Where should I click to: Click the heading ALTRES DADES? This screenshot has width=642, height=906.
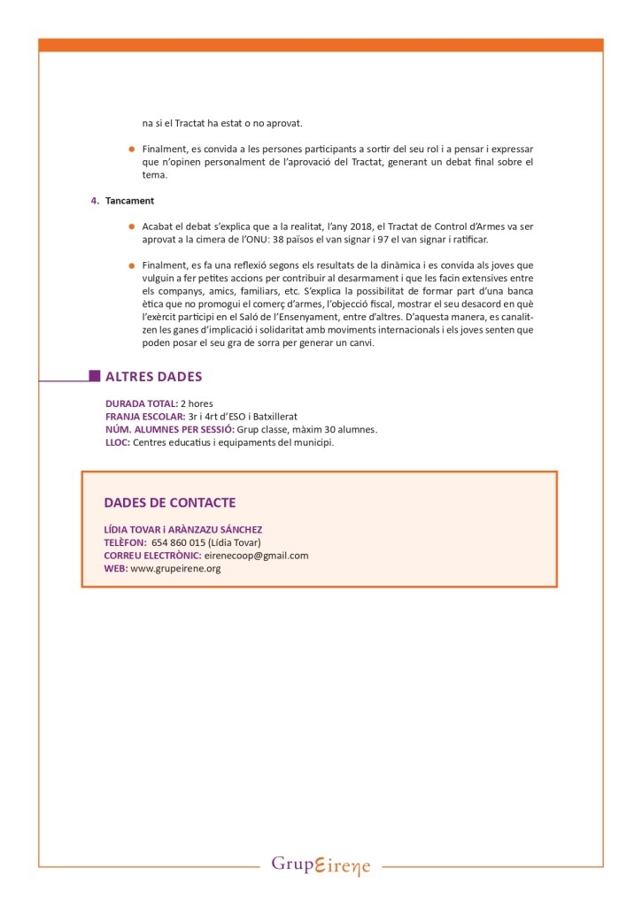(153, 376)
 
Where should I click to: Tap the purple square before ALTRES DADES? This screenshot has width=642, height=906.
(95, 376)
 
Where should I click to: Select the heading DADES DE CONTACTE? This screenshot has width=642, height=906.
(170, 503)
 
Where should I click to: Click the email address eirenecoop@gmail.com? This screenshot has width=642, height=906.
(256, 556)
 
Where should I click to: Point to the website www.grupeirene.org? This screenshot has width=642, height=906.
(175, 569)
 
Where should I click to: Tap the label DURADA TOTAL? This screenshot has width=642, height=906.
(142, 403)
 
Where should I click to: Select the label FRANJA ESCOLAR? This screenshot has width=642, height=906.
(145, 417)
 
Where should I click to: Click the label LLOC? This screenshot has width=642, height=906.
(118, 442)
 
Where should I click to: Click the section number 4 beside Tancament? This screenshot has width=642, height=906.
(95, 201)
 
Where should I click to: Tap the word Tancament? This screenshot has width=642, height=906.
(129, 201)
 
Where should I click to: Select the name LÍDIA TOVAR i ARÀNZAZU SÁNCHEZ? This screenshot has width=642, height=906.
(183, 529)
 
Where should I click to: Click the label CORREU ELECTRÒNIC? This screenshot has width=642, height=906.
(152, 556)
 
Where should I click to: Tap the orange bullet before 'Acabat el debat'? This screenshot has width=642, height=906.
(132, 226)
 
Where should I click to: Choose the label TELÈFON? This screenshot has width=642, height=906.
(125, 542)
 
